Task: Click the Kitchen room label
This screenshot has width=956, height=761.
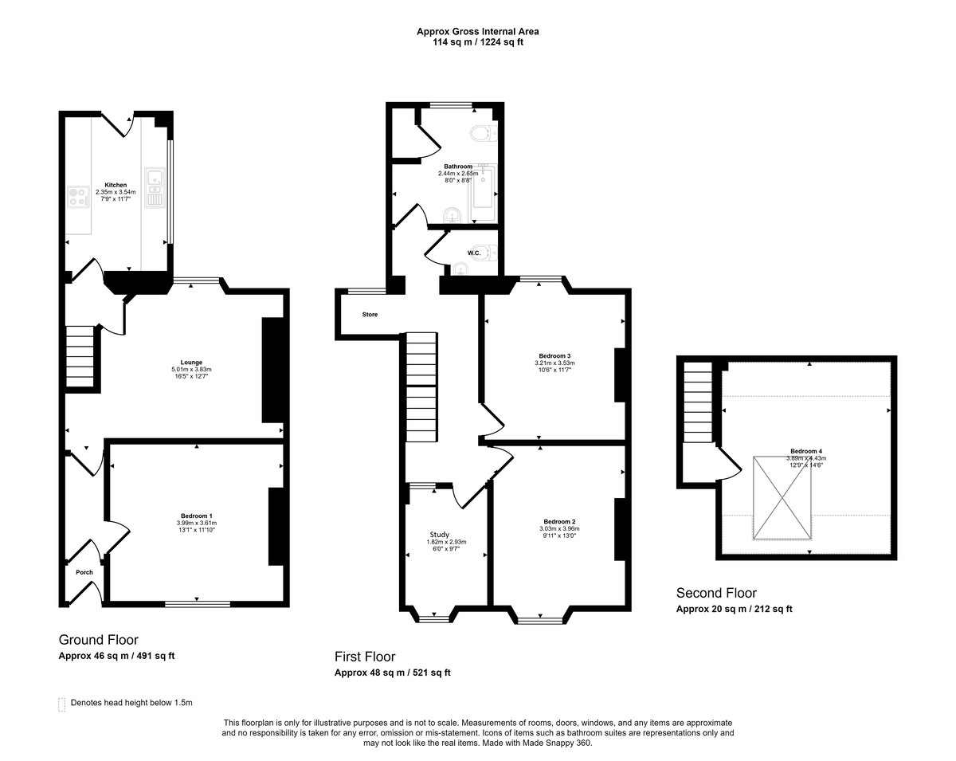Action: (116, 185)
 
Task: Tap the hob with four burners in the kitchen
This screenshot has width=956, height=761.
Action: (78, 196)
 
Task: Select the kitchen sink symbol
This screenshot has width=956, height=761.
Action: (154, 189)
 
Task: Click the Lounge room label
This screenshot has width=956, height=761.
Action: (191, 362)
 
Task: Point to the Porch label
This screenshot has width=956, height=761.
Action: (84, 572)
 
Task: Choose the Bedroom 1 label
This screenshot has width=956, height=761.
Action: (194, 516)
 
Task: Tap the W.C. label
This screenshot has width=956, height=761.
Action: (473, 253)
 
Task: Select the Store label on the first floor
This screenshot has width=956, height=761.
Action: (370, 315)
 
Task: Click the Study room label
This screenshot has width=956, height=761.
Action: (440, 535)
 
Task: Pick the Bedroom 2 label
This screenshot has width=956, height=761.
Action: (559, 521)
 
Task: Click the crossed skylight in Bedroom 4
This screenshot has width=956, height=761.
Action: (783, 498)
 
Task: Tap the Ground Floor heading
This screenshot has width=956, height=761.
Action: (98, 640)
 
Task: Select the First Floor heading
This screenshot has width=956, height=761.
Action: (364, 657)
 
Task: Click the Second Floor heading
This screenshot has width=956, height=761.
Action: (716, 593)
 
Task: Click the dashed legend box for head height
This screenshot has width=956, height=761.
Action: (61, 704)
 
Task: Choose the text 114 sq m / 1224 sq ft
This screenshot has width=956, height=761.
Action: (477, 42)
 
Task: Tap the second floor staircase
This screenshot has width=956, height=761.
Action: (698, 402)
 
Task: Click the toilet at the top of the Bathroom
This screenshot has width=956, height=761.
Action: (482, 132)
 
